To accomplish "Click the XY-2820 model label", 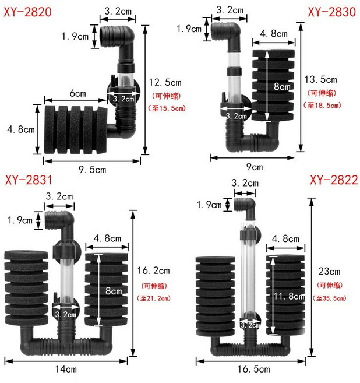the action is [27, 12].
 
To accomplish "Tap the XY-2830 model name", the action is [331, 12].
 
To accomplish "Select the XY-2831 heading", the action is [29, 180].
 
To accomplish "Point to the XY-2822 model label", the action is [334, 180].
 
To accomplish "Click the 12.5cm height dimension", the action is [165, 83].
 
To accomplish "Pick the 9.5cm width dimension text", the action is [92, 170].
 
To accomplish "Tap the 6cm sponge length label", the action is [78, 93].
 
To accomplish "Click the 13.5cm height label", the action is [320, 79].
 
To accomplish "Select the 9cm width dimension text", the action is [255, 167].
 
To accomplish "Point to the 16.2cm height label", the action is [153, 270].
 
